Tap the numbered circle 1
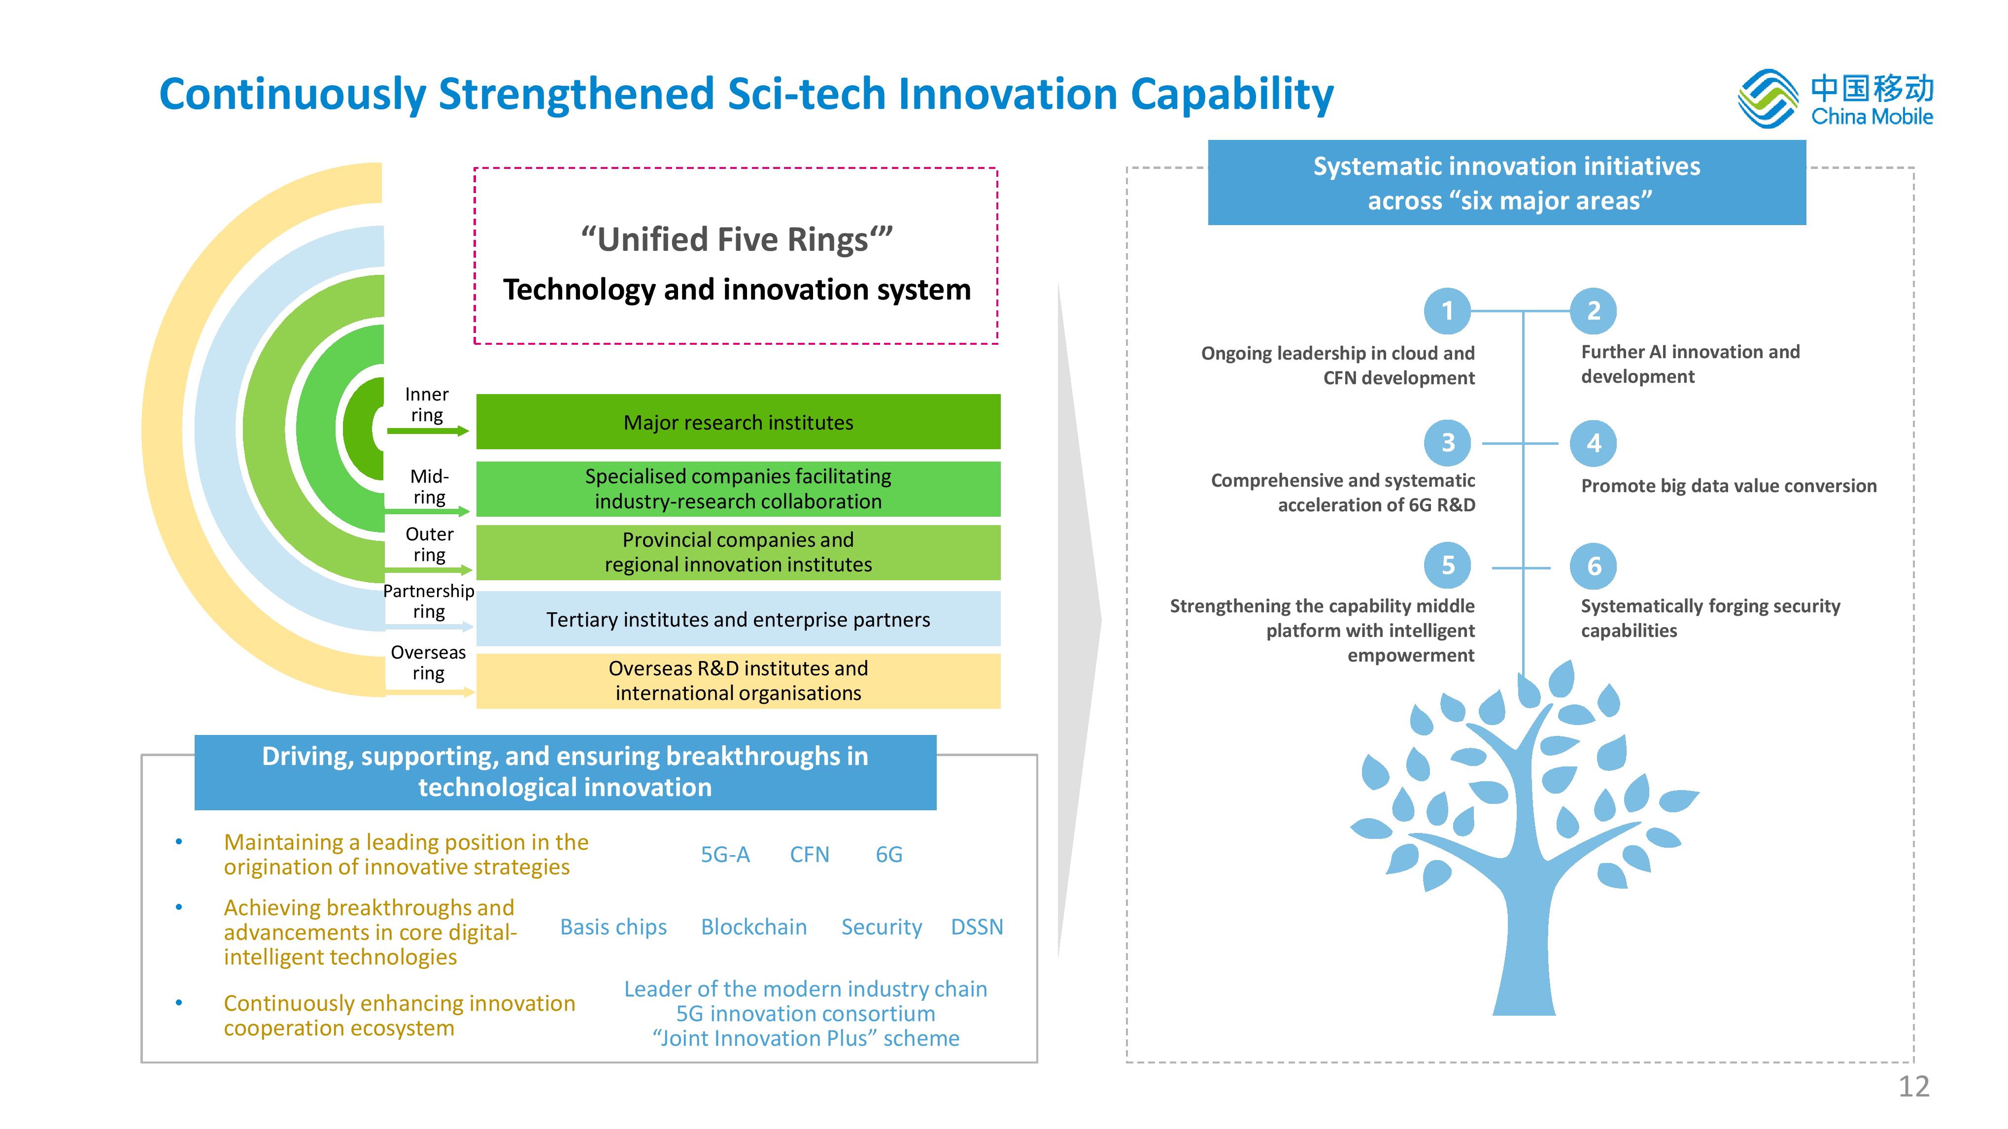[1448, 311]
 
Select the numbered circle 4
[1594, 443]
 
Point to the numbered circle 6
[1594, 566]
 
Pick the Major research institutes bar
[738, 422]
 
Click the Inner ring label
[427, 404]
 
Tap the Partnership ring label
[429, 601]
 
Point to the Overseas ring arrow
[430, 692]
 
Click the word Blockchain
[754, 927]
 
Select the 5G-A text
[725, 855]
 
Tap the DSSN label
[977, 927]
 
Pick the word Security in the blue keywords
[882, 927]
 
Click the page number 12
[1914, 1086]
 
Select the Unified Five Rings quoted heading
[737, 239]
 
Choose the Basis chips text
[613, 927]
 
